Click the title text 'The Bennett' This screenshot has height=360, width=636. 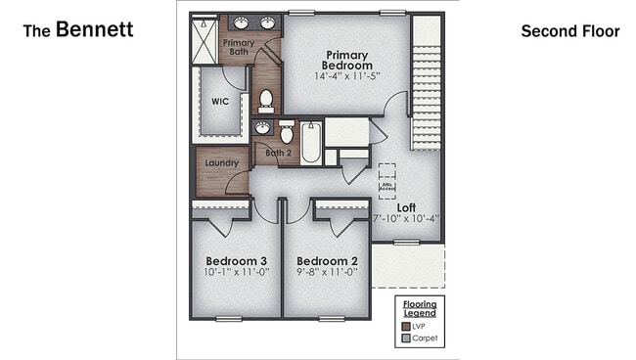pos(77,30)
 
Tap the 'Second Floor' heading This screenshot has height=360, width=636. pos(569,31)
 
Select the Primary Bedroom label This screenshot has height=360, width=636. pos(348,60)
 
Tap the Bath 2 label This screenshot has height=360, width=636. pos(278,153)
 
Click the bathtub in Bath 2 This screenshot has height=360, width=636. pos(311,143)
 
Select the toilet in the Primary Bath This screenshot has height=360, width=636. pos(265,100)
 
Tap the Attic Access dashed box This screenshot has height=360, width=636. pos(387,182)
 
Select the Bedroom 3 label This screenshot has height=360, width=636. pos(236,261)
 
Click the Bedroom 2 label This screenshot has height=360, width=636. pos(327,261)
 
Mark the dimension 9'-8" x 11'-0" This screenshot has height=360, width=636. pos(327,273)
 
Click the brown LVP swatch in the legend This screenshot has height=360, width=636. pos(405,325)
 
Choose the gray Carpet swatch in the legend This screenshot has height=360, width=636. pos(405,338)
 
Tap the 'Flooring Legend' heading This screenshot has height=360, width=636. pos(420,309)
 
